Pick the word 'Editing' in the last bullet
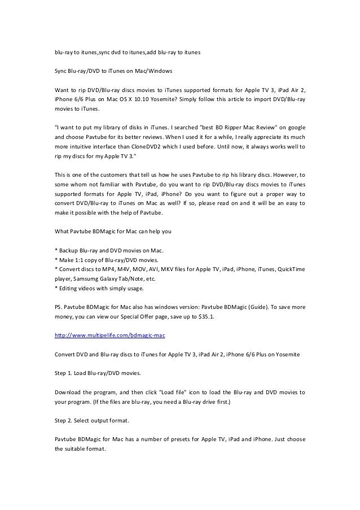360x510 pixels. coord(69,289)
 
